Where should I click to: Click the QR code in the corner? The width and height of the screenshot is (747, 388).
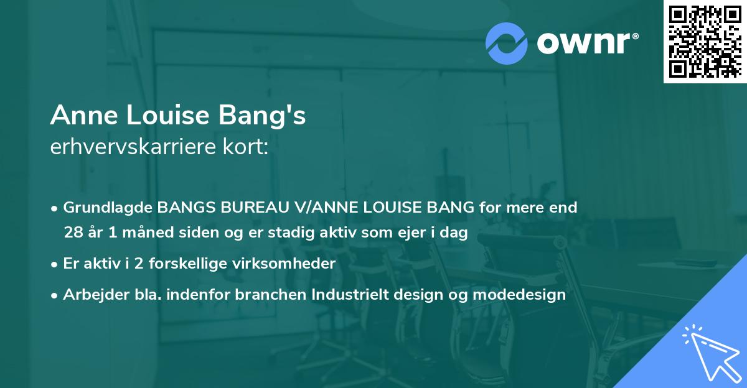(x=705, y=42)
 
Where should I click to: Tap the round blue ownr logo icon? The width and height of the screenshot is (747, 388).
(x=507, y=43)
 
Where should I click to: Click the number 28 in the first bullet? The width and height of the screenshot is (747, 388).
(x=72, y=233)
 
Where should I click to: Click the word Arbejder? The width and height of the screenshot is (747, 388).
(x=92, y=295)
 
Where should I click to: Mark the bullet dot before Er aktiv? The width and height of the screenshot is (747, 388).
(x=55, y=264)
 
